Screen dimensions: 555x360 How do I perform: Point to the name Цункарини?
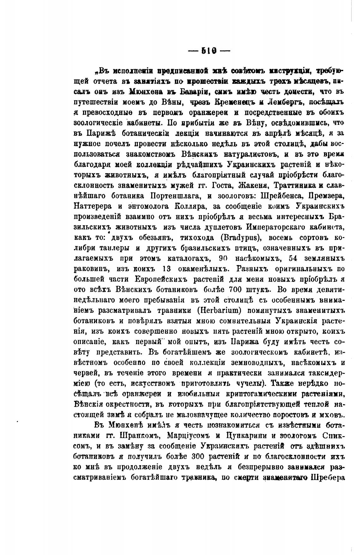click(x=245, y=436)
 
